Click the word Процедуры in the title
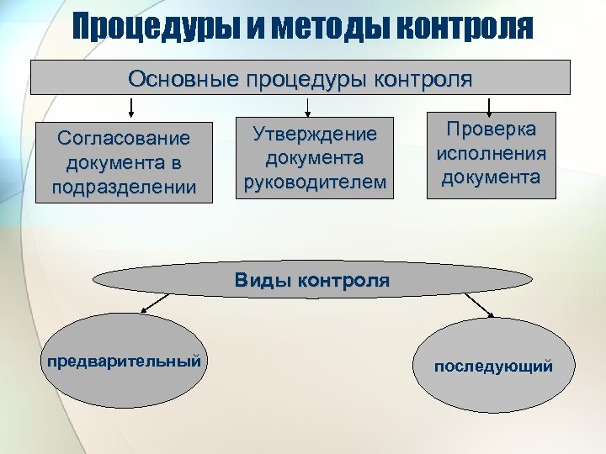click(x=155, y=28)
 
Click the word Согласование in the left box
click(x=123, y=137)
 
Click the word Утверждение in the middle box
click(x=316, y=135)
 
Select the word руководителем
click(x=315, y=182)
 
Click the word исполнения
click(x=492, y=153)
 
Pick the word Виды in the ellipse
click(x=261, y=280)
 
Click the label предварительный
click(x=124, y=361)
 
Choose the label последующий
click(x=493, y=366)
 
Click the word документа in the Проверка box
click(x=492, y=177)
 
